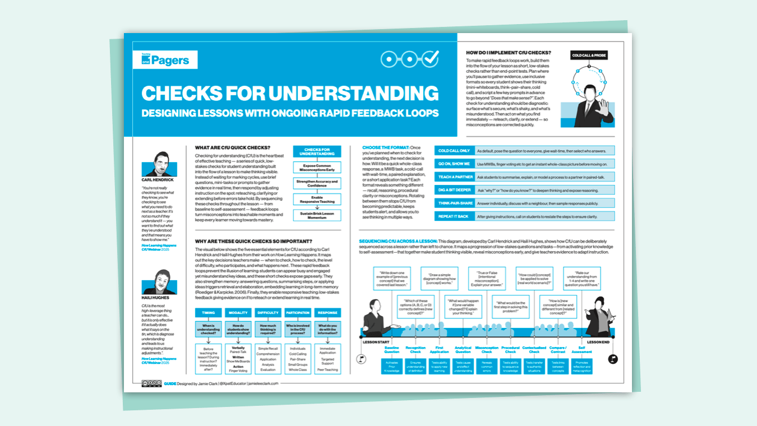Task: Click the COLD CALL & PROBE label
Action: coord(589,55)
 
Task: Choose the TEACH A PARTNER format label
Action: coord(454,177)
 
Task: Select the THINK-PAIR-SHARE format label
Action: coord(454,203)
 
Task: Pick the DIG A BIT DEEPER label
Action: coord(454,190)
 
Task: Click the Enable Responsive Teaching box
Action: coord(317,198)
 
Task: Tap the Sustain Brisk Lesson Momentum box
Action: coord(317,215)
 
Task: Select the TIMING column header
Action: coord(209,313)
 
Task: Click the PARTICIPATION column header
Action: coord(297,313)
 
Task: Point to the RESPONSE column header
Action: coord(327,313)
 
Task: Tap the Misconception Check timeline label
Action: coord(487,350)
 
